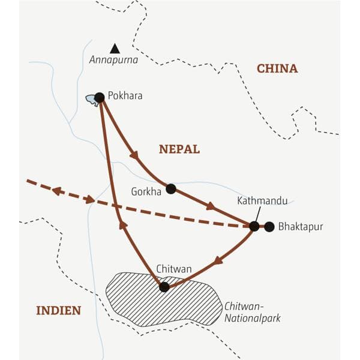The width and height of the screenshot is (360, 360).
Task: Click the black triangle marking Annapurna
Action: pyautogui.click(x=114, y=48)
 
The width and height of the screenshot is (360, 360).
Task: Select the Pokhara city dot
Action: pyautogui.click(x=100, y=97)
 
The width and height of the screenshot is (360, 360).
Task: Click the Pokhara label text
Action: pyautogui.click(x=125, y=95)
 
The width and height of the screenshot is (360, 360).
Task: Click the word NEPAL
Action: pyautogui.click(x=179, y=149)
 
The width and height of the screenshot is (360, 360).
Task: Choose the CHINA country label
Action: pyautogui.click(x=277, y=68)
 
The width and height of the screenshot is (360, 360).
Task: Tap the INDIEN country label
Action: pyautogui.click(x=58, y=310)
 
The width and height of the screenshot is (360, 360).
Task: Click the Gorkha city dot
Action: pyautogui.click(x=171, y=188)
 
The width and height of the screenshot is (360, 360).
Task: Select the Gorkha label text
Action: pyautogui.click(x=145, y=191)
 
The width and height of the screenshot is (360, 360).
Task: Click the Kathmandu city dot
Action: pyautogui.click(x=254, y=226)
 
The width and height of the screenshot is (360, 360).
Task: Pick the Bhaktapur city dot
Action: pyautogui.click(x=269, y=226)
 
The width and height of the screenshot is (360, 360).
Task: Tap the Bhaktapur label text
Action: pyautogui.click(x=301, y=226)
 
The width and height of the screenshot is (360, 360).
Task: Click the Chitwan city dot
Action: pyautogui.click(x=164, y=287)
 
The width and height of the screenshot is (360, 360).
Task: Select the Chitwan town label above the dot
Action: pyautogui.click(x=173, y=269)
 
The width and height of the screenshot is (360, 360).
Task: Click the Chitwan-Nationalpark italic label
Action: pyautogui.click(x=252, y=312)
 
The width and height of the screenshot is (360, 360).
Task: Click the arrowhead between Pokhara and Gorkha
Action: pyautogui.click(x=134, y=155)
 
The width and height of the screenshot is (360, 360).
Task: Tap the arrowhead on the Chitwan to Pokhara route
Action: pyautogui.click(x=124, y=225)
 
